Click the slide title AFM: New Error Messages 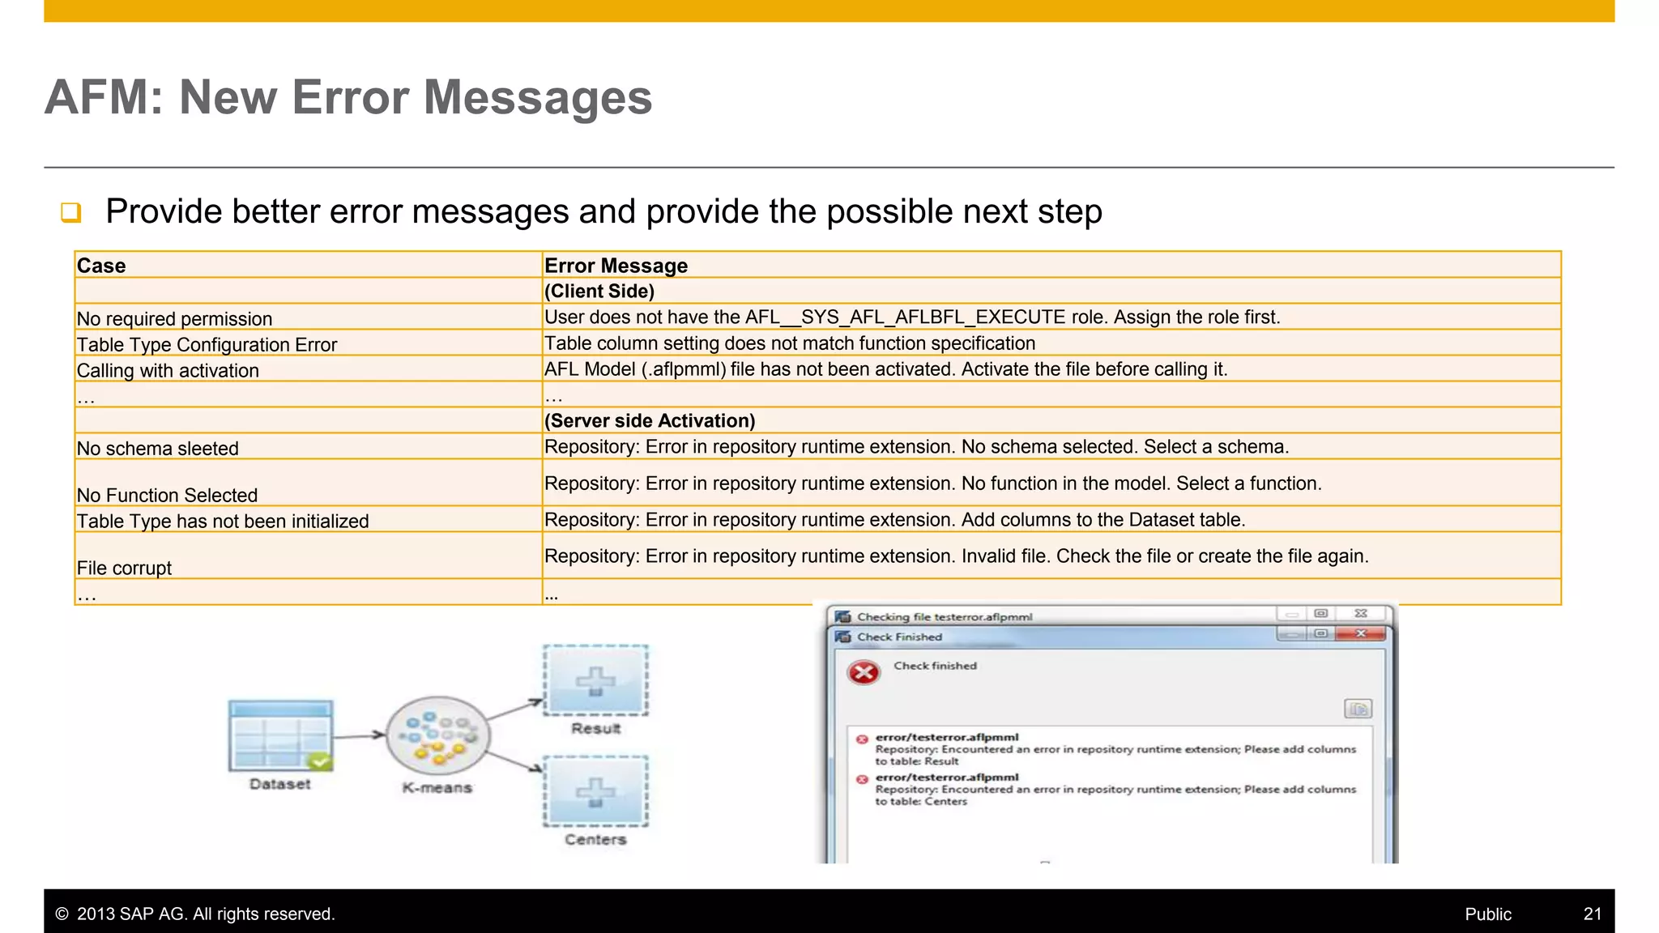(348, 97)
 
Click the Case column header (101, 266)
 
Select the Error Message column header (616, 266)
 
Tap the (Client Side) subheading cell (599, 292)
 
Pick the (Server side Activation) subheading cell (650, 421)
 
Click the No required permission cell (174, 318)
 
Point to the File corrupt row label (124, 568)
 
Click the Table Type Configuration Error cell (207, 345)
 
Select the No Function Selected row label (167, 495)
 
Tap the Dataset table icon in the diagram (280, 735)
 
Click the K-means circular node (437, 736)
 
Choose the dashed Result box (595, 680)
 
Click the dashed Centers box (595, 790)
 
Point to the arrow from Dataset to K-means (359, 735)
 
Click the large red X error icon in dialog (864, 672)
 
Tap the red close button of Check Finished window (1361, 633)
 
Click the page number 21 (1592, 914)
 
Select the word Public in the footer (1487, 914)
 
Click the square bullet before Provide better (71, 212)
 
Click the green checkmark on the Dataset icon (320, 761)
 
